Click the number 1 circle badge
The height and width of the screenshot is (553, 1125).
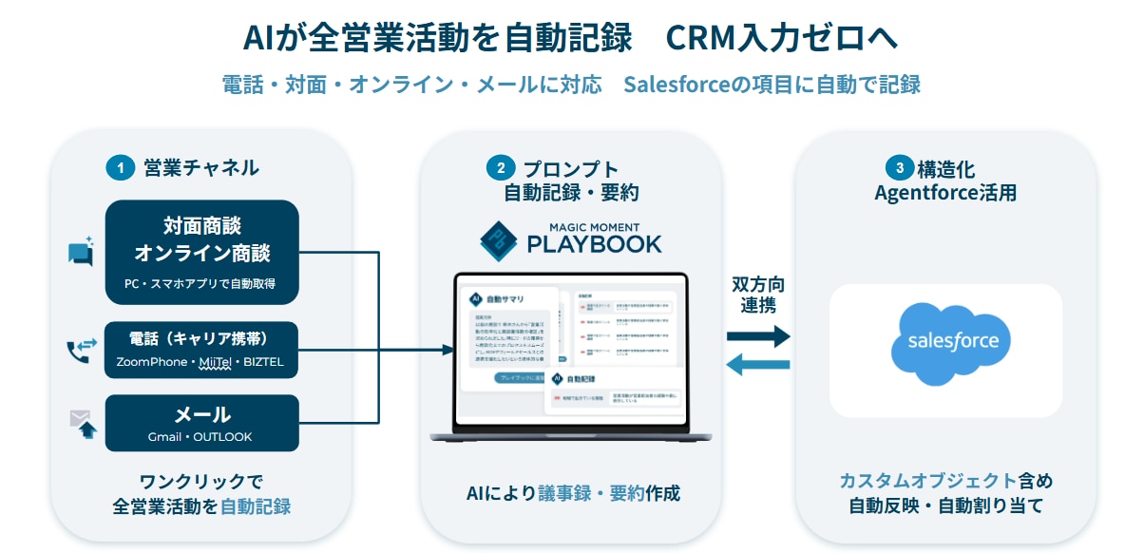tap(120, 168)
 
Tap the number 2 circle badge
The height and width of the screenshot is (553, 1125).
tap(501, 168)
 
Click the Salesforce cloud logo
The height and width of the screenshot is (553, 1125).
tap(945, 343)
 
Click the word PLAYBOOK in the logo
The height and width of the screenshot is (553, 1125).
tap(594, 244)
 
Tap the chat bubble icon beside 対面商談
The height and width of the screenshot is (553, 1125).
tap(81, 252)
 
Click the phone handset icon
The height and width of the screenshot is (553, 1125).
tap(80, 352)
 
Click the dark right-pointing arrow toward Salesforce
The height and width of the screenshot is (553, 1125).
tap(757, 335)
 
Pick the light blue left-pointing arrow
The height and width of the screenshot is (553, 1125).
tap(757, 364)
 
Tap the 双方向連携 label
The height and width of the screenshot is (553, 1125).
tap(757, 295)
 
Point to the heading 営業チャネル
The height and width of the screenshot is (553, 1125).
tap(201, 168)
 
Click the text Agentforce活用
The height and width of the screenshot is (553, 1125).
tap(945, 193)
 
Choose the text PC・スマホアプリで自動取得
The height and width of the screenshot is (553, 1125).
tap(200, 283)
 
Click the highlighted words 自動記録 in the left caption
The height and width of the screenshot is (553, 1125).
tap(256, 506)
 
